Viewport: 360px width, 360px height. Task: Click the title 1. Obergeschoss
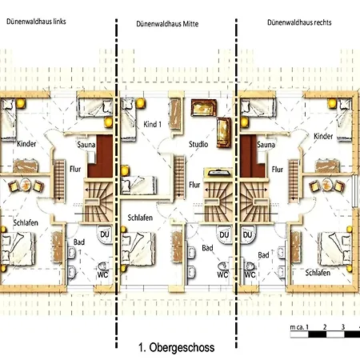tap(176, 348)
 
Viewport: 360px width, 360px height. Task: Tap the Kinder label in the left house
tap(26, 143)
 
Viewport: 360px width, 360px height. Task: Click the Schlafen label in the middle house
tap(140, 218)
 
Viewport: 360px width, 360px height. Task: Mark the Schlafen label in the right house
tap(318, 272)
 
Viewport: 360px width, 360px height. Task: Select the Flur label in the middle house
tap(194, 184)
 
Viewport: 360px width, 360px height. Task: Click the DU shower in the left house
tap(104, 234)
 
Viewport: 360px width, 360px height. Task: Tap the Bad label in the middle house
tap(207, 248)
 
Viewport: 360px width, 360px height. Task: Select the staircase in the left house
tap(100, 196)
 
